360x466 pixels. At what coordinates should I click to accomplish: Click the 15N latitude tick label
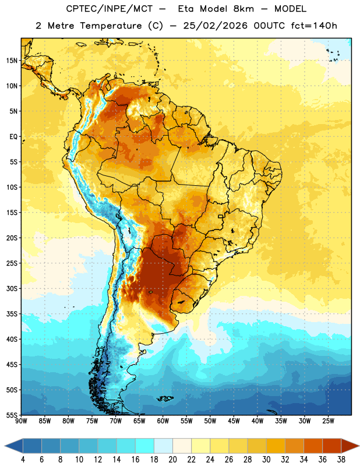pyautogui.click(x=12, y=61)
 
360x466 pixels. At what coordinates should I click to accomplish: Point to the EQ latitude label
pyautogui.click(x=13, y=137)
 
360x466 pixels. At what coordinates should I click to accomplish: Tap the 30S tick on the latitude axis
pyautogui.click(x=12, y=288)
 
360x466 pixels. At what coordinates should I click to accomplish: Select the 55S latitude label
pyautogui.click(x=12, y=415)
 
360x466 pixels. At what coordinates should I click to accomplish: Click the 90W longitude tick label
pyautogui.click(x=21, y=421)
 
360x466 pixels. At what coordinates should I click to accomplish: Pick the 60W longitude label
pyautogui.click(x=163, y=421)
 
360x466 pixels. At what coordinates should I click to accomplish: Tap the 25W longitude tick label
pyautogui.click(x=328, y=421)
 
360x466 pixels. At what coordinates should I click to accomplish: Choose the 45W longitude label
pyautogui.click(x=234, y=421)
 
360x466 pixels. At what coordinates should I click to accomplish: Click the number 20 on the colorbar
pyautogui.click(x=172, y=460)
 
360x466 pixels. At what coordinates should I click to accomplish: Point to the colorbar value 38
pyautogui.click(x=341, y=460)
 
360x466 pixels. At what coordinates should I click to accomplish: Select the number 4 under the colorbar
pyautogui.click(x=23, y=460)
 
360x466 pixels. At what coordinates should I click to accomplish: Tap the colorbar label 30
pyautogui.click(x=266, y=460)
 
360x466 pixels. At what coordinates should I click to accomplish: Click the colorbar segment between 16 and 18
pyautogui.click(x=145, y=446)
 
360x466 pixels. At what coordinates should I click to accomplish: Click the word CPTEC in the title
pyautogui.click(x=80, y=9)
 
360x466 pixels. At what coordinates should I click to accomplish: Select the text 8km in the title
pyautogui.click(x=243, y=9)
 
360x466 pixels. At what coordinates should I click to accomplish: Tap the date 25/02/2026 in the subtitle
pyautogui.click(x=215, y=26)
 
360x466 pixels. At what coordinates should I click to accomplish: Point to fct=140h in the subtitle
pyautogui.click(x=314, y=26)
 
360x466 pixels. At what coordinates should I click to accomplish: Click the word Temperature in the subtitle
pyautogui.click(x=111, y=26)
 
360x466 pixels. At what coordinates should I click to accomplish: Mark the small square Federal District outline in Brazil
pyautogui.click(x=221, y=216)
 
